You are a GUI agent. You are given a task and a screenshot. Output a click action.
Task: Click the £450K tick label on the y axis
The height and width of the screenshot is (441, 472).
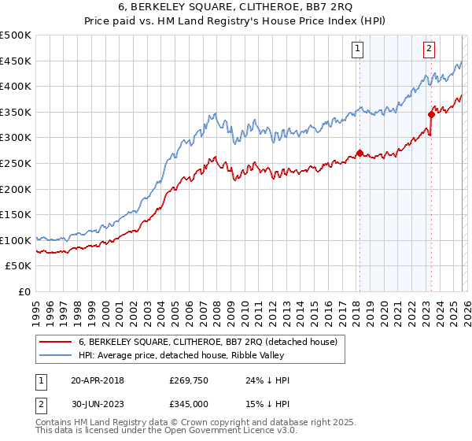(16, 61)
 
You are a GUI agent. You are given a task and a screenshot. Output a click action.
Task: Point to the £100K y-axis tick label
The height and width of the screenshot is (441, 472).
(16, 240)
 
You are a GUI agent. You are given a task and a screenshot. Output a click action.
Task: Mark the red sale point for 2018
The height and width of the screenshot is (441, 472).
(360, 154)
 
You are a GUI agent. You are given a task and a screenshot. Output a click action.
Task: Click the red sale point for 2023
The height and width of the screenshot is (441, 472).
(431, 114)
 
